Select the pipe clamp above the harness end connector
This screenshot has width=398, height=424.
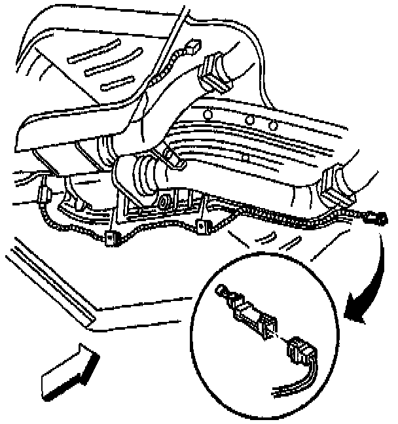pos(337,184)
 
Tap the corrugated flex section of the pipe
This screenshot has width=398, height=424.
pos(140,177)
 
